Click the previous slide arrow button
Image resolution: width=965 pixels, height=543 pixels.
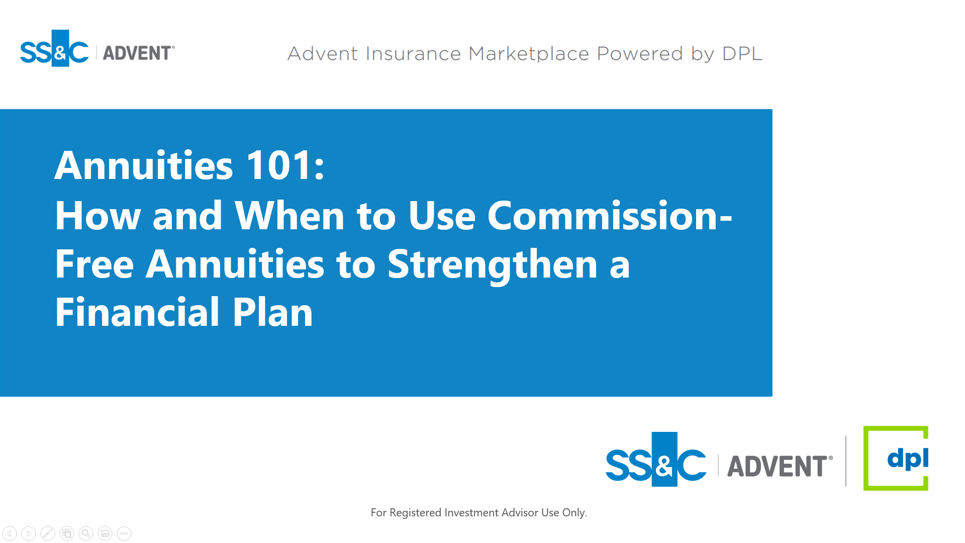[x=10, y=533]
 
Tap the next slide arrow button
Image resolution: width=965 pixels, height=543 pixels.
[x=29, y=533]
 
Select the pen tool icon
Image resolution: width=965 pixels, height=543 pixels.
[x=48, y=533]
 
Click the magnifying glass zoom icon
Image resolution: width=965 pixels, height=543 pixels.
[x=86, y=533]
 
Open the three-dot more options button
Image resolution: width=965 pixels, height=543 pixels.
[x=124, y=533]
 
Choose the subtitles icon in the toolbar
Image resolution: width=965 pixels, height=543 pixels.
[x=105, y=533]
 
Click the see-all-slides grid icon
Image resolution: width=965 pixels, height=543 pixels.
[x=67, y=533]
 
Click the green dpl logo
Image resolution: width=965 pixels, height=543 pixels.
[x=896, y=458]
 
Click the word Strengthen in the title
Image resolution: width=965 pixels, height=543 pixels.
[x=493, y=265]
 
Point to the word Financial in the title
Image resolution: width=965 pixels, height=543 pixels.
[x=137, y=312]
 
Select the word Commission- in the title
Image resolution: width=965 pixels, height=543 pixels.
[x=610, y=216]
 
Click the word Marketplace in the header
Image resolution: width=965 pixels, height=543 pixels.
[x=529, y=54]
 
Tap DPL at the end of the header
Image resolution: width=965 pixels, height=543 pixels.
[x=742, y=54]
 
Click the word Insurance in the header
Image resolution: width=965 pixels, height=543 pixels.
[x=413, y=54]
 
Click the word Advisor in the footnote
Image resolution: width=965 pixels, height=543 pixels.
[x=520, y=512]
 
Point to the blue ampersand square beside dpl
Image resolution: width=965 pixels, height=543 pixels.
[x=664, y=459]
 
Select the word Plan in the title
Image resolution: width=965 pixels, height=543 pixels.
[x=272, y=312]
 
